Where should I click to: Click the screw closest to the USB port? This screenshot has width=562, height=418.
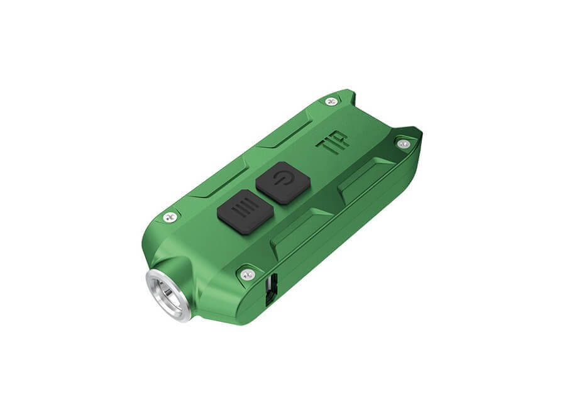tap(247, 274)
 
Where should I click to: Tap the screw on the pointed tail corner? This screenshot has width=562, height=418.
tap(404, 144)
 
